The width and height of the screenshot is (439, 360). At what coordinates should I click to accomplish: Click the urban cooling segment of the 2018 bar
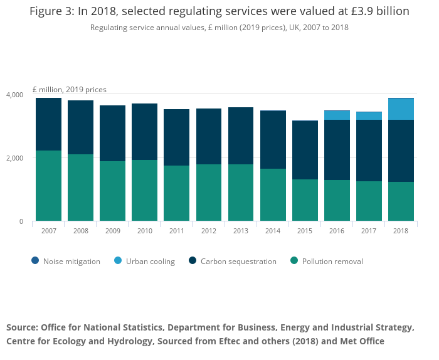(x=401, y=109)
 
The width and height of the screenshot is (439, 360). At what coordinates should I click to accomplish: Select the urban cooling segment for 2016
(x=337, y=115)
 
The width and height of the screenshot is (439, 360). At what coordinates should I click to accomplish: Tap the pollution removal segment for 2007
(x=48, y=186)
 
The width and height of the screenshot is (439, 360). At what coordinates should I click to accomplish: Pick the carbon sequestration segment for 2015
(x=305, y=150)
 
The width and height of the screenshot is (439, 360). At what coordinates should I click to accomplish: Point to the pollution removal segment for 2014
(x=273, y=194)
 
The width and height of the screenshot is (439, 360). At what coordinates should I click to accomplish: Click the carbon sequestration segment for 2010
(x=144, y=132)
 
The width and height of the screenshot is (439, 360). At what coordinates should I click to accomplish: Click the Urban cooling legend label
(x=150, y=262)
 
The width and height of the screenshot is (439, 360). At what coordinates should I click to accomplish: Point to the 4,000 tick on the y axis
(x=15, y=95)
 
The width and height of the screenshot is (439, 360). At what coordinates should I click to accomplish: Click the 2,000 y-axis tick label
(x=15, y=158)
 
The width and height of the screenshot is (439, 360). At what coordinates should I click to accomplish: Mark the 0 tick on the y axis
(x=21, y=221)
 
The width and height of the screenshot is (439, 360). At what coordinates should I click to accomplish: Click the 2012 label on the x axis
(x=208, y=231)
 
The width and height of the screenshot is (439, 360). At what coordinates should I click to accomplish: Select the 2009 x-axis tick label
(x=112, y=231)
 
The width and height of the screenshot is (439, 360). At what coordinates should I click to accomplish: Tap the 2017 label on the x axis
(x=369, y=231)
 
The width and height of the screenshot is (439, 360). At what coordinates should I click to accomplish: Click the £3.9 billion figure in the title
(x=377, y=11)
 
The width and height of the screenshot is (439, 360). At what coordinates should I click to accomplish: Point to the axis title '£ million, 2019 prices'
(x=70, y=90)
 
